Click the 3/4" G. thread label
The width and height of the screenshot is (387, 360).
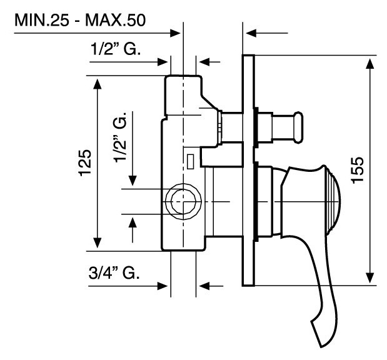(x=113, y=272)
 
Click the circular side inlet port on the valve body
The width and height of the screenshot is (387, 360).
(x=183, y=201)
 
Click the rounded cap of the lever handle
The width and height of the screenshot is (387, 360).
(x=334, y=200)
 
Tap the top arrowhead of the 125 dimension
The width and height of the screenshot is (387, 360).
(x=97, y=83)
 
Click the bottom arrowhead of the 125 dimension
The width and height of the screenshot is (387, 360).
(x=97, y=244)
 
